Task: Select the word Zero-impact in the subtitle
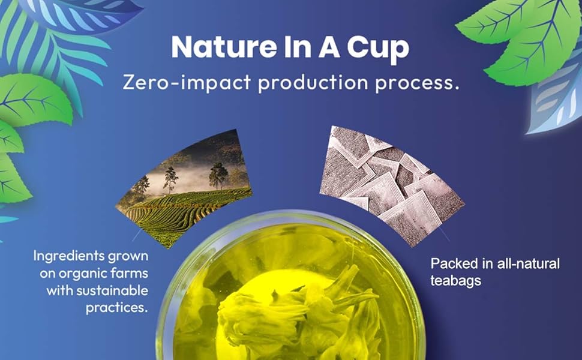[187, 82]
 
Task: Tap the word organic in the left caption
[77, 274]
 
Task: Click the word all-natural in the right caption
[528, 264]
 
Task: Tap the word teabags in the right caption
[456, 281]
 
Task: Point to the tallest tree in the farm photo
[170, 180]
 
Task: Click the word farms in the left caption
[124, 274]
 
